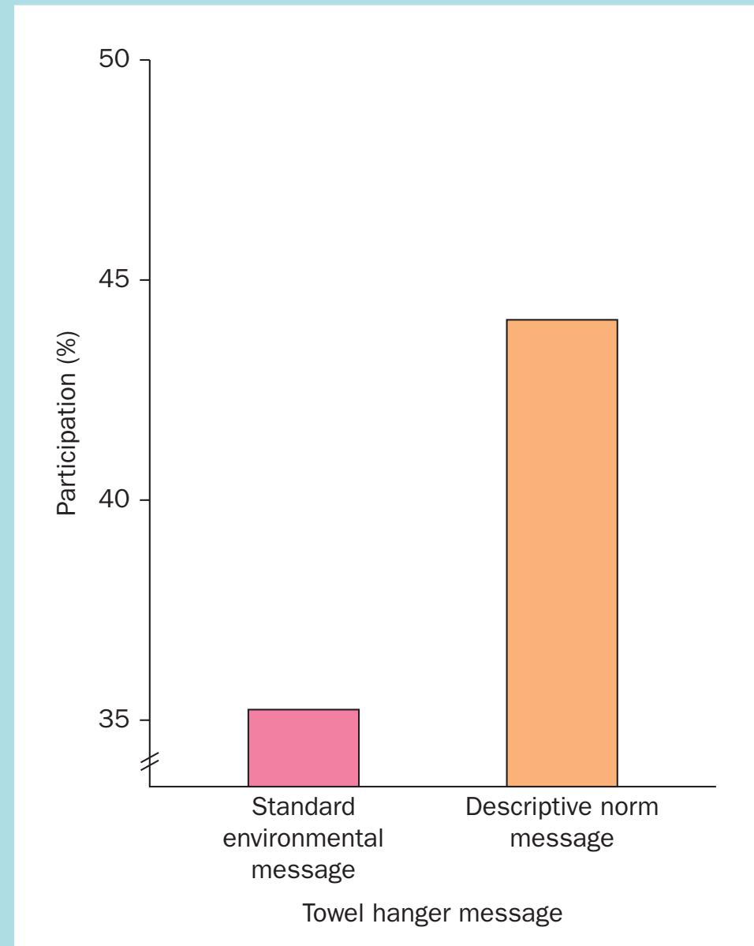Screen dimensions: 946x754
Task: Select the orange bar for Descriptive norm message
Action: (562, 552)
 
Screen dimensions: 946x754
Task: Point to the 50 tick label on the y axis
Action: (114, 61)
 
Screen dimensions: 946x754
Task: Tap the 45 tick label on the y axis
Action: (114, 281)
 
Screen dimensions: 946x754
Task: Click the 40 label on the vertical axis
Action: (114, 500)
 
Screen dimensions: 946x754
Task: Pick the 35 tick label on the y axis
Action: (114, 720)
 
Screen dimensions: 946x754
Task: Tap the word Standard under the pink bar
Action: (303, 809)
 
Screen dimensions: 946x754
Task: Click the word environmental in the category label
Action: (304, 839)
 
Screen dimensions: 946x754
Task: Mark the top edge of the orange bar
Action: (562, 320)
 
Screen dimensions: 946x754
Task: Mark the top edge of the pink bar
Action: (304, 709)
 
